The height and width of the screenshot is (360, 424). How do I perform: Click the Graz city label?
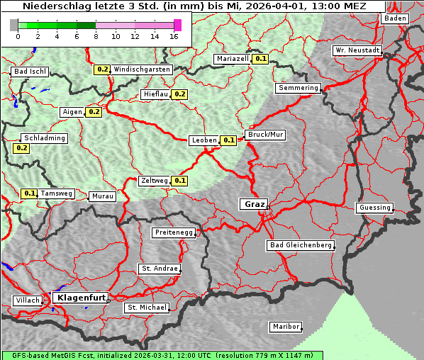253,204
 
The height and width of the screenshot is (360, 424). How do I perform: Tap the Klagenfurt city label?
81,298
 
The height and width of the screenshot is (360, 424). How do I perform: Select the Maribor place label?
286,327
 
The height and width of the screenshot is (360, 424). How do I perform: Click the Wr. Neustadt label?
357,51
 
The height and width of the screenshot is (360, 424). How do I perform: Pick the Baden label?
395,18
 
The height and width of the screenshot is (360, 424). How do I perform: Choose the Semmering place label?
299,88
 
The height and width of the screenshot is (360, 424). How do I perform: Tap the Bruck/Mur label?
265,135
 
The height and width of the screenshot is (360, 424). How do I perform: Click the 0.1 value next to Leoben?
229,140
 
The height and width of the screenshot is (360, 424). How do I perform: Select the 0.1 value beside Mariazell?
260,59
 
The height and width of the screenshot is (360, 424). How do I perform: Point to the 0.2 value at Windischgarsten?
102,69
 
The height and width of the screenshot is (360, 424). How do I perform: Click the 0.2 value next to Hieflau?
179,94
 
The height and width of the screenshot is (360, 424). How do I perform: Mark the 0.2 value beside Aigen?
94,112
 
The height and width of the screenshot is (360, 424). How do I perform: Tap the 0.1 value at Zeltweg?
179,181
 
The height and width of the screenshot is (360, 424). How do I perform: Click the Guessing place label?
374,208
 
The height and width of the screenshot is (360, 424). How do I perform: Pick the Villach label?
27,300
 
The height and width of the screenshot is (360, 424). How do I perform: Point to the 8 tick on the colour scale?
96,35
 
